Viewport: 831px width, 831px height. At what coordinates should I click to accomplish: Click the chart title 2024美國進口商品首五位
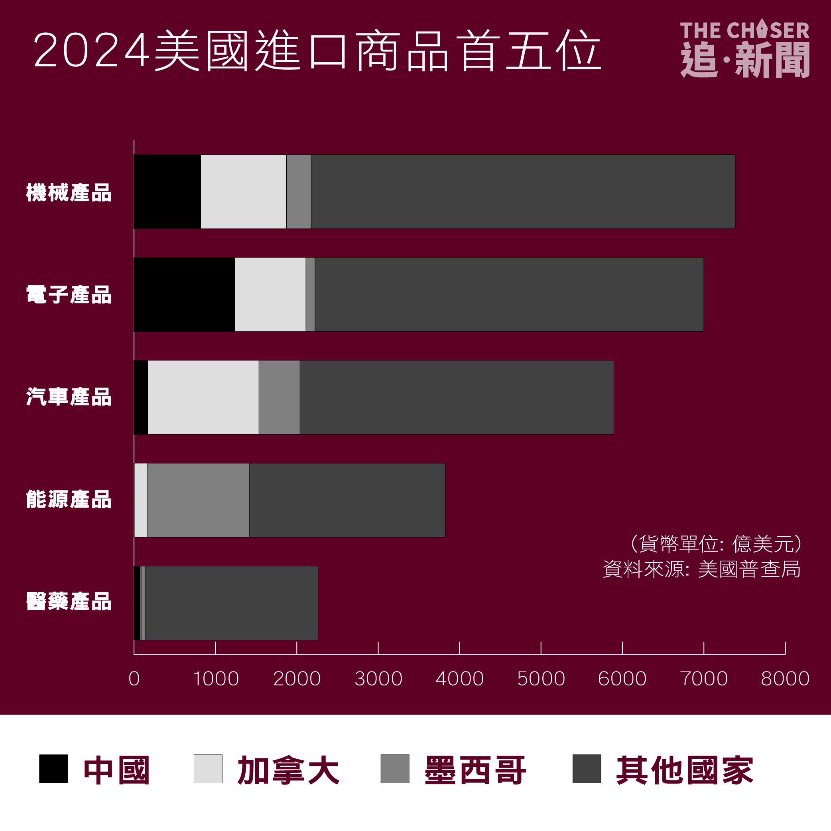point(317,51)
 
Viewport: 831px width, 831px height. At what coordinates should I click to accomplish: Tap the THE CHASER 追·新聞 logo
point(744,49)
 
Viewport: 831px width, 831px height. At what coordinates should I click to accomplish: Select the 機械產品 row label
point(69,192)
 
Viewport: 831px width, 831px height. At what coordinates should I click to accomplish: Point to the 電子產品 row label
point(69,295)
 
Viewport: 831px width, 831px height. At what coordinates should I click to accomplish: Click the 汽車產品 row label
point(69,397)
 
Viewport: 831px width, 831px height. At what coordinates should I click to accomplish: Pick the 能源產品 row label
point(69,499)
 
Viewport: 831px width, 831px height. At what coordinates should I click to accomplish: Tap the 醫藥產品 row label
point(69,601)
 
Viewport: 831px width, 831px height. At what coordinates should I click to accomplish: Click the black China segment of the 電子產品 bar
point(185,295)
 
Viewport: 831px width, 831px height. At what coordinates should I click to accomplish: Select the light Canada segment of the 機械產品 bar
point(244,191)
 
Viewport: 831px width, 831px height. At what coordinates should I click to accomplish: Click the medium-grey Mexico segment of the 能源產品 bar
point(198,500)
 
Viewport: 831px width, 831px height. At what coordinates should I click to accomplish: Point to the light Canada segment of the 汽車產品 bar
point(203,398)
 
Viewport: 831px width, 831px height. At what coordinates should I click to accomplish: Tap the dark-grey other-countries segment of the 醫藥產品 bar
point(231,603)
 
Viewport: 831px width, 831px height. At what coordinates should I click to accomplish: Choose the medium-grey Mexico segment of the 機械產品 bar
point(299,191)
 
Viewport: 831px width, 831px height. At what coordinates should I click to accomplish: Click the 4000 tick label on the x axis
point(459,679)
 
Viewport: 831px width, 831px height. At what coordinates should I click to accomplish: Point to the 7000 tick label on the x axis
point(704,679)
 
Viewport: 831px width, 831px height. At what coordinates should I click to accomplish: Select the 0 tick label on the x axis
point(134,679)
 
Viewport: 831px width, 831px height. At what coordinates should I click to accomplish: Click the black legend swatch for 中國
point(53,769)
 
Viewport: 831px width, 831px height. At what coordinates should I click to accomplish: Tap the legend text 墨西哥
point(475,770)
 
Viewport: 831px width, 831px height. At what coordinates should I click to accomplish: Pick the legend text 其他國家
point(684,770)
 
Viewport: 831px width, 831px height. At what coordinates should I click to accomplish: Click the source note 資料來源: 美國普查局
point(701,569)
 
